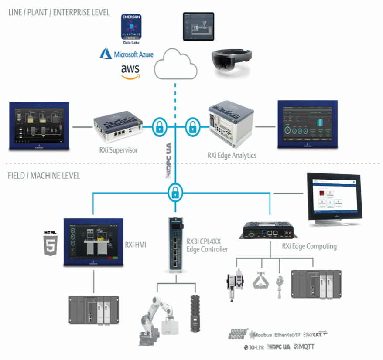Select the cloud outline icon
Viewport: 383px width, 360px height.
(176, 65)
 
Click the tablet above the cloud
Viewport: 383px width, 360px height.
(198, 27)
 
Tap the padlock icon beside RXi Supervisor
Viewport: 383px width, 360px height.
(160, 127)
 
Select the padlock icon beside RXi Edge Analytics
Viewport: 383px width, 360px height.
(191, 127)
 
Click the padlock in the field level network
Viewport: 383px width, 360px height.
(175, 191)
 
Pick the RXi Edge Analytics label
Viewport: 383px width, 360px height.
(232, 155)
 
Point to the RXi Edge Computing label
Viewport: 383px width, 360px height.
(309, 246)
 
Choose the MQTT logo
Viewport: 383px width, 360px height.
(304, 346)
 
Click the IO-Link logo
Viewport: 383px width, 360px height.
(254, 347)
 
